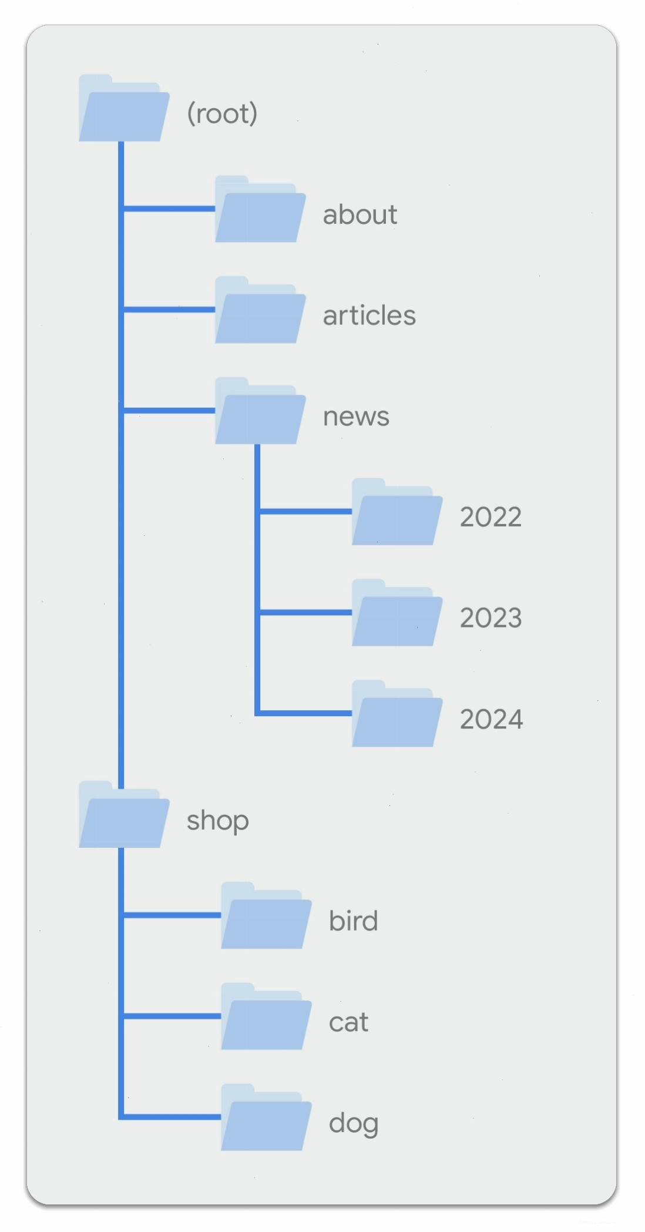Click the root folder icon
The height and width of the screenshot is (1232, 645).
[x=124, y=108]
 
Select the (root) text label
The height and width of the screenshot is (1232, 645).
[x=222, y=113]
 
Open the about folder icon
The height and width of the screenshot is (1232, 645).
[x=260, y=209]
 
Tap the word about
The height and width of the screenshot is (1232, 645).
[x=360, y=214]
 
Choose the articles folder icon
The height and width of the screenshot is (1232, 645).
[x=260, y=310]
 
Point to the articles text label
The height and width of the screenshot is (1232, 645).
[x=369, y=315]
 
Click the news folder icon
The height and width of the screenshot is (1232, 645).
[x=260, y=411]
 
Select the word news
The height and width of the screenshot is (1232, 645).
[x=356, y=417]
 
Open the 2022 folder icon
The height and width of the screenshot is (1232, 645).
[x=397, y=512]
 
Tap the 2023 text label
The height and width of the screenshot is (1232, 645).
[x=491, y=618]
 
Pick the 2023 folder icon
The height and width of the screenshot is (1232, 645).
[x=397, y=613]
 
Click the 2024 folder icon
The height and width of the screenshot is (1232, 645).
[x=397, y=714]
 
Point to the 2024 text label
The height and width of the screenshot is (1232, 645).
[x=491, y=719]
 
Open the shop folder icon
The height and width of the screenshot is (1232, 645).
[x=124, y=815]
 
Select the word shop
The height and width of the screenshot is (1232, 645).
[x=217, y=821]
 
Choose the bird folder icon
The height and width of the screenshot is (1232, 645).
[x=266, y=916]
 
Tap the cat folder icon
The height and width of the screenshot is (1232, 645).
[x=266, y=1017]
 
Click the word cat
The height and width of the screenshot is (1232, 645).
[x=348, y=1023]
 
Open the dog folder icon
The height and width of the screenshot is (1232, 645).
[x=266, y=1118]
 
